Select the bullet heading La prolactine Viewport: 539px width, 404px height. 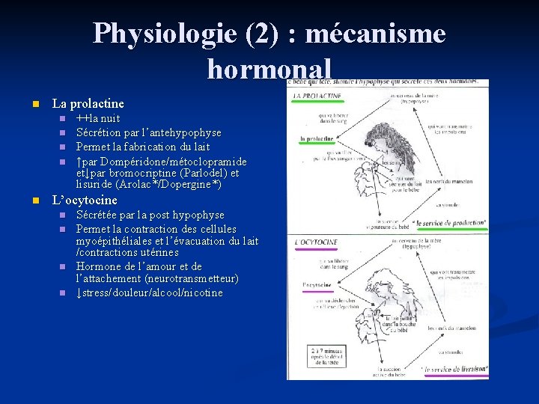(x=87, y=103)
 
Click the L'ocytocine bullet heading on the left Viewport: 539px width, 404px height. (x=84, y=201)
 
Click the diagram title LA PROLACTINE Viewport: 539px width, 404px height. (x=317, y=97)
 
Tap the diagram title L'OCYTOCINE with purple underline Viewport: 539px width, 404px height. (x=317, y=242)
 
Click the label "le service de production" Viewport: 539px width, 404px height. (x=450, y=222)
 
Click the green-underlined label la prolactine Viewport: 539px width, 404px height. (x=317, y=139)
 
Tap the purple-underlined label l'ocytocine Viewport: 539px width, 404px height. (x=317, y=285)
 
